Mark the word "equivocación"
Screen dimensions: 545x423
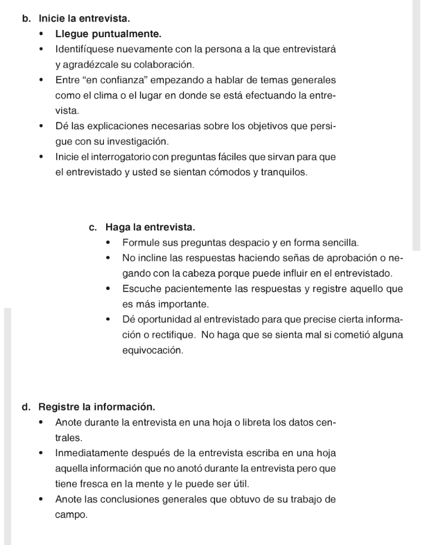pyautogui.click(x=152, y=351)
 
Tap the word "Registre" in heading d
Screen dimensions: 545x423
pyautogui.click(x=58, y=407)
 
